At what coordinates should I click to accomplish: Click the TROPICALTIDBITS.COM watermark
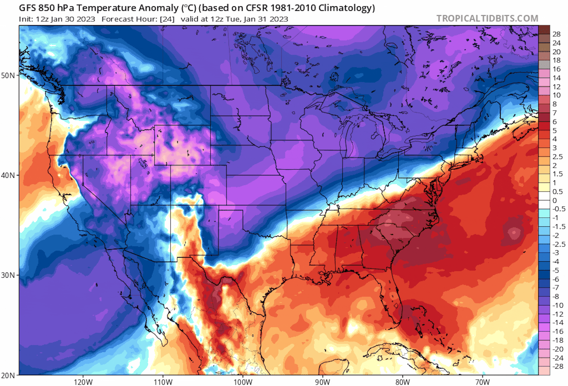(487, 18)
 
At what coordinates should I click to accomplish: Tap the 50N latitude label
(8, 75)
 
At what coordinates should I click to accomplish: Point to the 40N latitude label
(8, 175)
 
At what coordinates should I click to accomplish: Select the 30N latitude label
(8, 275)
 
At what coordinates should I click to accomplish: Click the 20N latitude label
(8, 375)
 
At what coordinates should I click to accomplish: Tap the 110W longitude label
(163, 382)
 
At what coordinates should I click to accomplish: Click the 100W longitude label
(243, 382)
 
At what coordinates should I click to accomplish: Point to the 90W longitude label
(323, 382)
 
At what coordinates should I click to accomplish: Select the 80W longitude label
(403, 382)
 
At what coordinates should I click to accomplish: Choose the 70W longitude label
(483, 382)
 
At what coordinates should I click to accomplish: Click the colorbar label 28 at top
(556, 34)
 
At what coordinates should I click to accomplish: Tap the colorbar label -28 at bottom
(557, 366)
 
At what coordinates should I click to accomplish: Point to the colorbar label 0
(555, 200)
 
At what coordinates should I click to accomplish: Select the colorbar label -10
(557, 305)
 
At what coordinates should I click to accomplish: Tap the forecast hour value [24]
(167, 19)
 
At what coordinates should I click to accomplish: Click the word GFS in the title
(27, 8)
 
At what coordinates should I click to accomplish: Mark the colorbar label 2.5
(557, 157)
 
